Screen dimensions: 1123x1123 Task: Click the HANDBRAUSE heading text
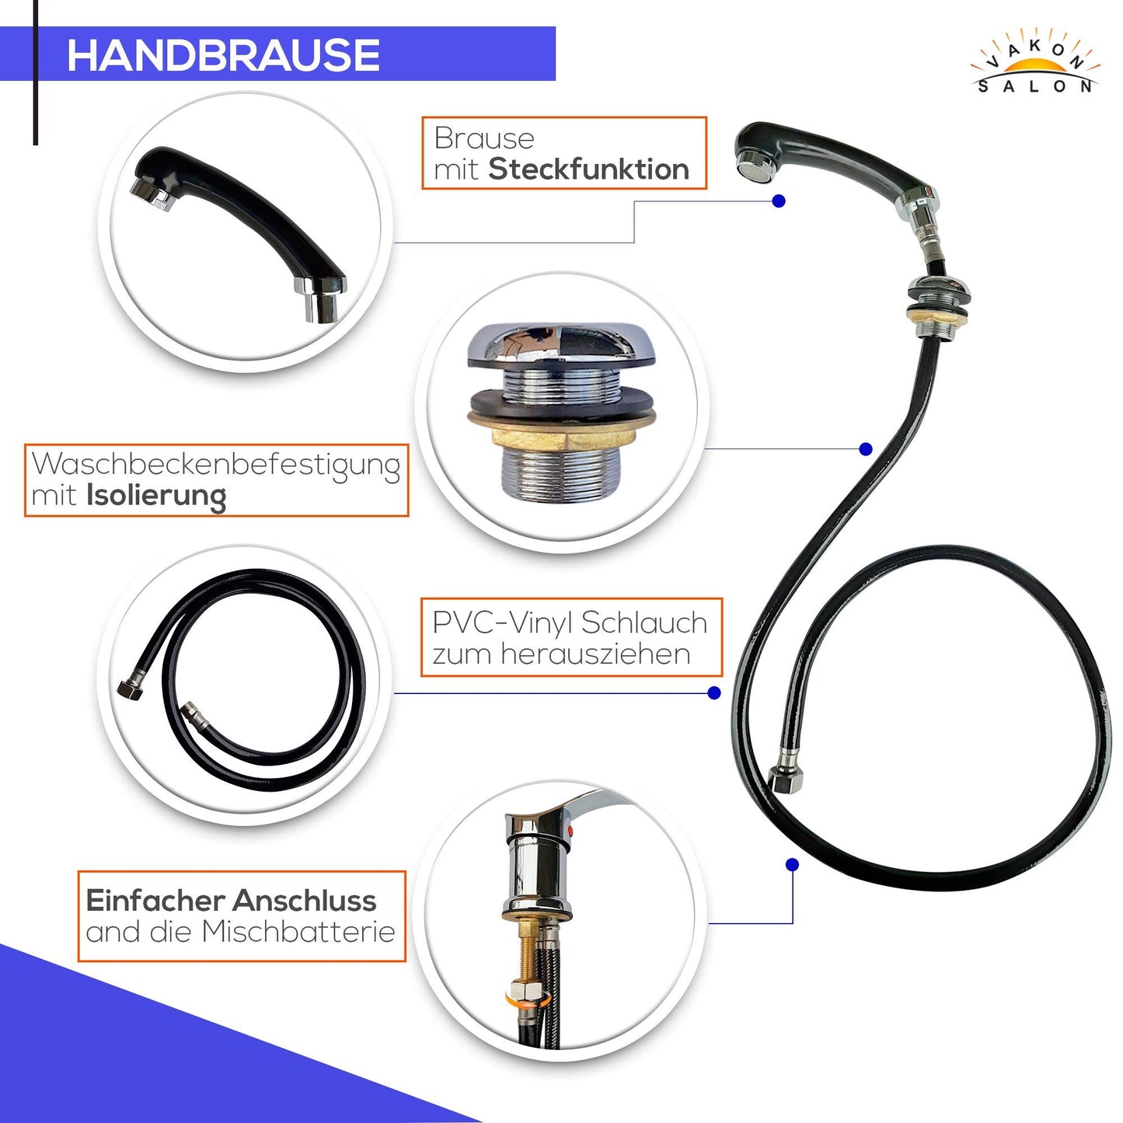coord(223,55)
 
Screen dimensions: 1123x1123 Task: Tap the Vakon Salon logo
coord(1035,68)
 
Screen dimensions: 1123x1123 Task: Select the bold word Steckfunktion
coord(588,169)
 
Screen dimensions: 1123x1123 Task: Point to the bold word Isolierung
coord(156,496)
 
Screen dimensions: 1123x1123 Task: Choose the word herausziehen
coord(595,654)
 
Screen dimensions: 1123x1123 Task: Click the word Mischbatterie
coord(298,931)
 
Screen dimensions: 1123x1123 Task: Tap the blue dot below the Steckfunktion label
coord(779,201)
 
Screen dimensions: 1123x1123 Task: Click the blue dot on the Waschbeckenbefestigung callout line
coord(866,448)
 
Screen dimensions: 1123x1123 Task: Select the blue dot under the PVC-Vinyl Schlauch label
coord(714,693)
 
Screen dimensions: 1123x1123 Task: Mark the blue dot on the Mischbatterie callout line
coord(792,865)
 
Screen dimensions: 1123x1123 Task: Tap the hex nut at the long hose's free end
coord(785,779)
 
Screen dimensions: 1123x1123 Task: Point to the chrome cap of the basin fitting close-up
coord(562,345)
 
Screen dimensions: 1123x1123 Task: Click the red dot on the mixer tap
coord(570,832)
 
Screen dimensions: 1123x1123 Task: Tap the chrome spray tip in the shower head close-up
coord(150,194)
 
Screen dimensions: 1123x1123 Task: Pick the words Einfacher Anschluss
coord(232,901)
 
